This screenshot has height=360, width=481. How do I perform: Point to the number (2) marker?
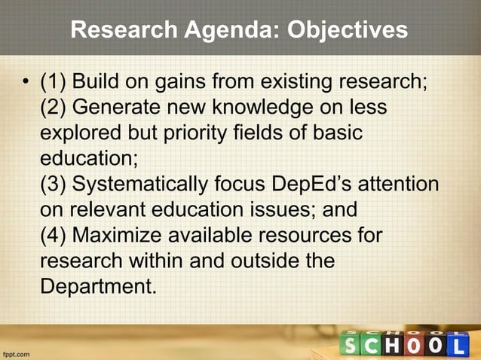click(x=53, y=107)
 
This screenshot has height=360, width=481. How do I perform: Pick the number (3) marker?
click(x=53, y=185)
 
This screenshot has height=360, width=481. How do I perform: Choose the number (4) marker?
click(x=53, y=236)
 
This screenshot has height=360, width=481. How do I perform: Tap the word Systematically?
click(x=141, y=185)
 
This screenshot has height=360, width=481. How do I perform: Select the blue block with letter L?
click(x=459, y=346)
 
